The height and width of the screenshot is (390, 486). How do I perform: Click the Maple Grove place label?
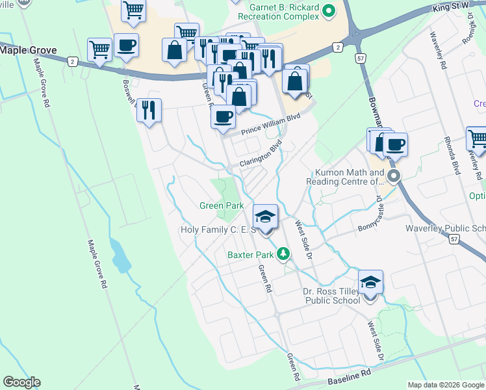click(29, 49)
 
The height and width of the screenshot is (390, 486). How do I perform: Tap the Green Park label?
click(222, 205)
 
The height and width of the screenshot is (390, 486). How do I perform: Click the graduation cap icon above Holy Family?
click(265, 216)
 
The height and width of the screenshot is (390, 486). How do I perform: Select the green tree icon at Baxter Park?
click(283, 253)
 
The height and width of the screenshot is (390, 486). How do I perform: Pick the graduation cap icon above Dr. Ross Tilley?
click(370, 282)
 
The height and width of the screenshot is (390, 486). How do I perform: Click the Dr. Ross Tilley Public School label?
click(332, 296)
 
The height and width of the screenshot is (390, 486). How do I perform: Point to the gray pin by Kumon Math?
click(392, 176)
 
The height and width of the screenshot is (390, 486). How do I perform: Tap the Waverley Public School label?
click(446, 228)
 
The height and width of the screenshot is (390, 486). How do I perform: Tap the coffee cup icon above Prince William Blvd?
click(224, 116)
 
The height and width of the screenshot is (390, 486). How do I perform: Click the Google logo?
click(21, 382)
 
